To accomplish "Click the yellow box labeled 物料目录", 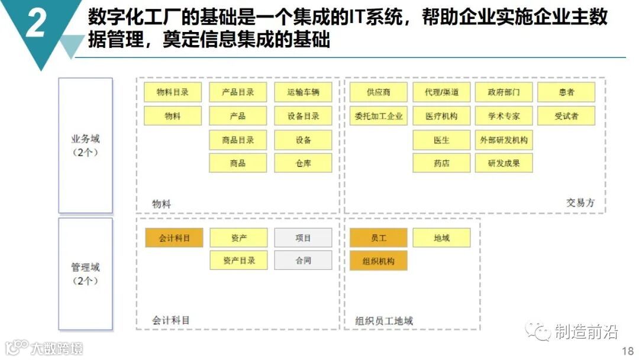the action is pyautogui.click(x=172, y=92).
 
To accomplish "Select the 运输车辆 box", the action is pyautogui.click(x=303, y=92).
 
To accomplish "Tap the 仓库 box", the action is pyautogui.click(x=303, y=163).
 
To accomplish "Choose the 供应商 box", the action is pyautogui.click(x=378, y=92).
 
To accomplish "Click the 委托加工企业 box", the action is pyautogui.click(x=378, y=116).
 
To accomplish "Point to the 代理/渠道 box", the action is pyautogui.click(x=441, y=92).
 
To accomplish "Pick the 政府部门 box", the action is pyautogui.click(x=504, y=92).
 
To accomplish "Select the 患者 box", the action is pyautogui.click(x=566, y=92).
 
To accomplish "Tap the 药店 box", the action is pyautogui.click(x=441, y=163).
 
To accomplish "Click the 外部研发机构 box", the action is pyautogui.click(x=504, y=140).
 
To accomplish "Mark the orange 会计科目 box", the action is pyautogui.click(x=174, y=238).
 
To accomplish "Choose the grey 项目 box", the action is pyautogui.click(x=303, y=238).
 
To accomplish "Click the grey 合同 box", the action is pyautogui.click(x=303, y=260).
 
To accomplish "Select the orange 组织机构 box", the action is pyautogui.click(x=378, y=261).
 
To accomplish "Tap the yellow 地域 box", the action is pyautogui.click(x=441, y=238).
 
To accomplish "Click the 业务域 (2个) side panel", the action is pyautogui.click(x=85, y=146).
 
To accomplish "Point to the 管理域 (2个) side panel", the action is pyautogui.click(x=85, y=274).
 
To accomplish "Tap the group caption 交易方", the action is pyautogui.click(x=580, y=202).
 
